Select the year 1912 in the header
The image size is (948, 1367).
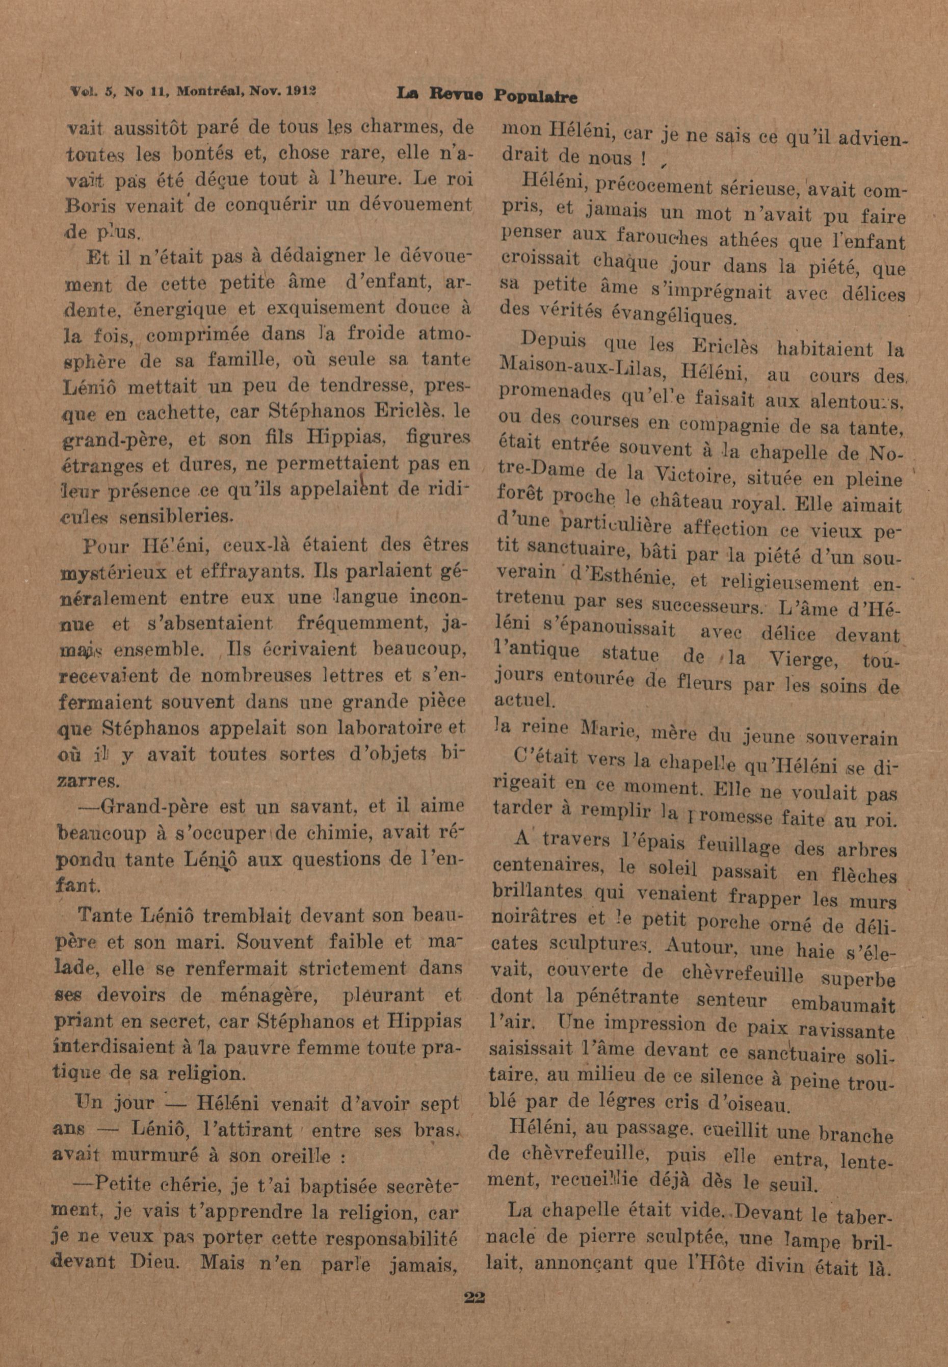(301, 92)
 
